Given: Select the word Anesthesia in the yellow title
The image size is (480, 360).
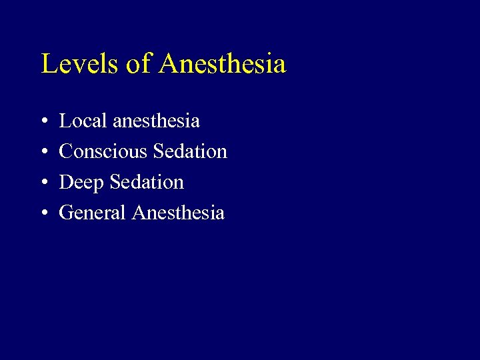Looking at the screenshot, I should tap(223, 64).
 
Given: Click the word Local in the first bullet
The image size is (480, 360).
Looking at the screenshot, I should tap(83, 121).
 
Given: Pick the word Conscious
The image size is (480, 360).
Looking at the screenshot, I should tap(103, 151).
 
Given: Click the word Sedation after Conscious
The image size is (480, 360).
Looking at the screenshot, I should tap(190, 151).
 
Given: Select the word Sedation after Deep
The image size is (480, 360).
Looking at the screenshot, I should tap(147, 182).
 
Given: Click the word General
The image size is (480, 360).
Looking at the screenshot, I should tap(93, 213).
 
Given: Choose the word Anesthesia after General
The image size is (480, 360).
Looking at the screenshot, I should tap(179, 213).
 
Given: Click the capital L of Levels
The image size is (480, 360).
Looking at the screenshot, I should tap(49, 64).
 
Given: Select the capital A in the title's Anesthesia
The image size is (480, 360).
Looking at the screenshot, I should tap(169, 64).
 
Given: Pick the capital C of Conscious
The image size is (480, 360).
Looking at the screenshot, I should tap(65, 151).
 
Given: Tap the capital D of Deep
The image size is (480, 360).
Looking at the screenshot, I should tap(66, 182).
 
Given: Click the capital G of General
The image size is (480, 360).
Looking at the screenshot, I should tap(66, 213).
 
